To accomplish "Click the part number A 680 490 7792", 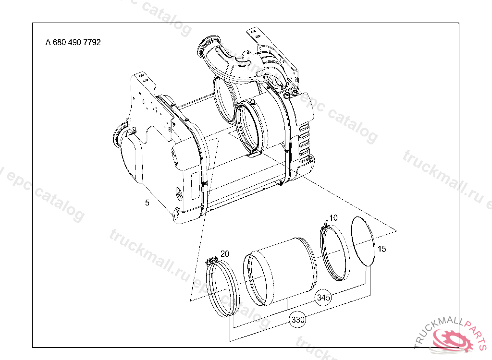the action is tap(73, 42).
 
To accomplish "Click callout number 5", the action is tap(147, 203).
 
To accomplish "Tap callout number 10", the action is tap(333, 217).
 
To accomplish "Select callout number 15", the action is tap(382, 249).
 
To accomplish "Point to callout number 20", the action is tap(225, 254).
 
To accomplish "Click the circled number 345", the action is tap(323, 297).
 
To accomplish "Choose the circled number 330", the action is tap(298, 320).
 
